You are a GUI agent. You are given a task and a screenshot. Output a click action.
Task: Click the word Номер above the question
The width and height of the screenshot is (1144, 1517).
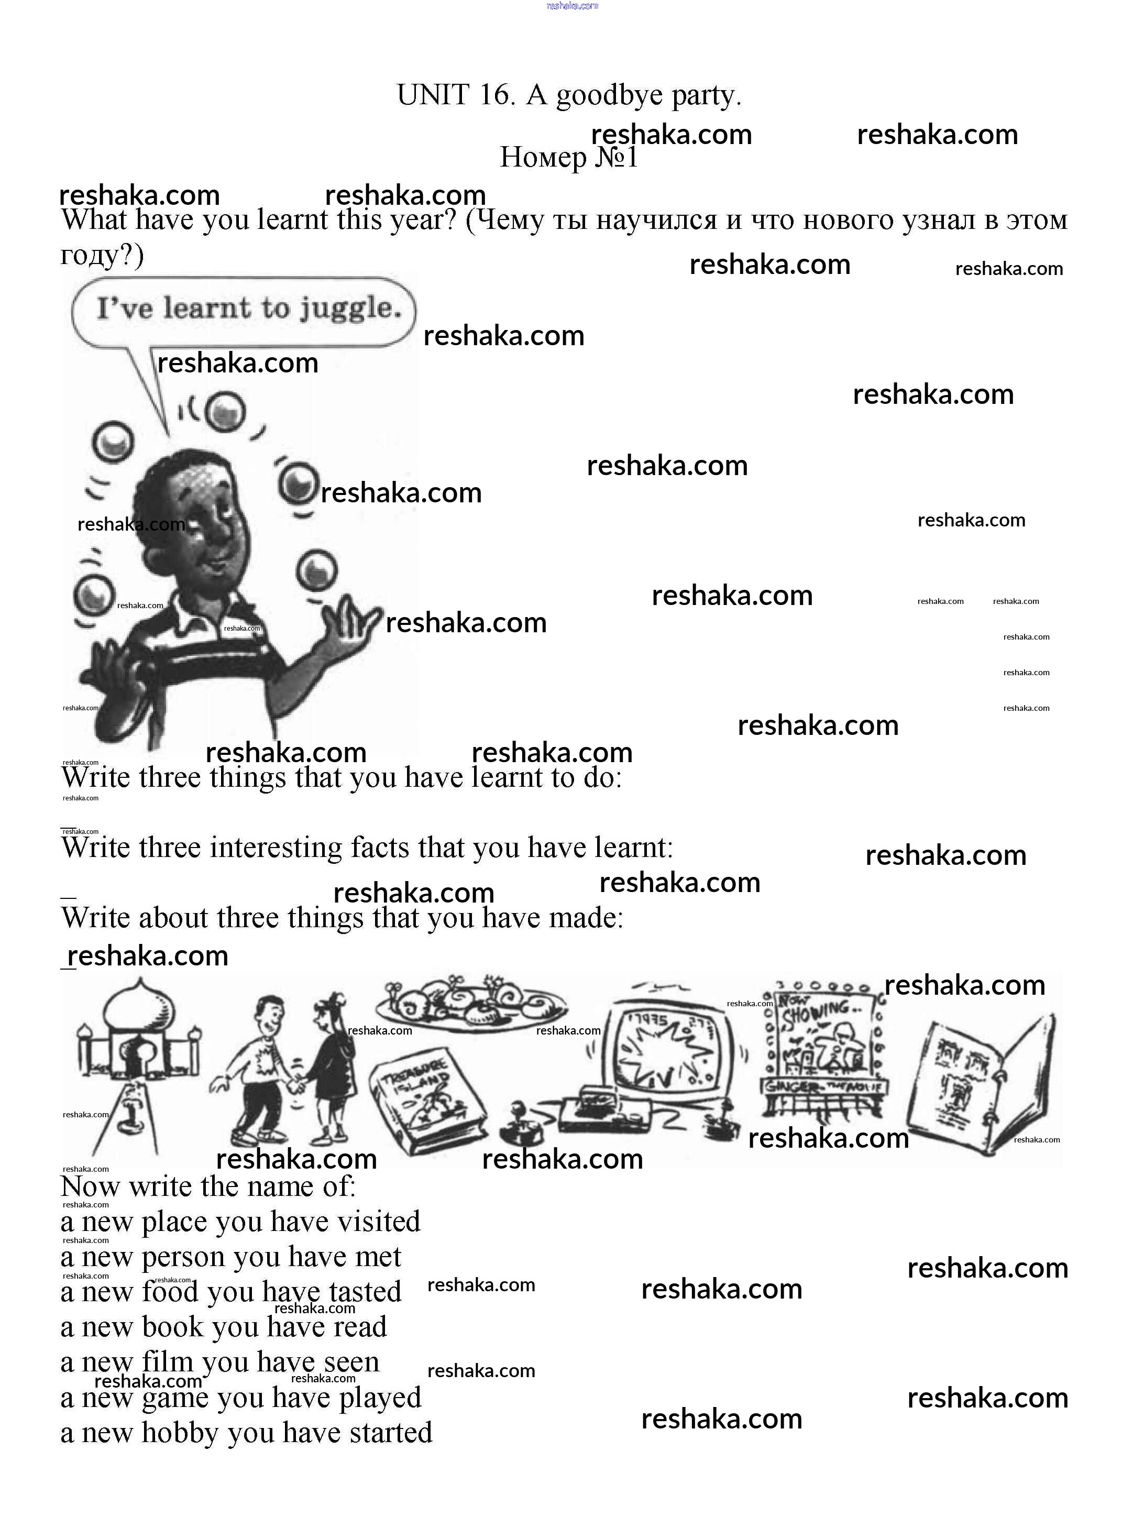[x=543, y=158]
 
